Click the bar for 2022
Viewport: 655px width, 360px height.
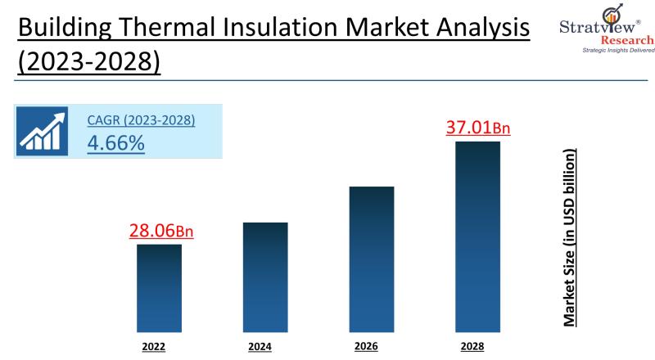click(x=159, y=288)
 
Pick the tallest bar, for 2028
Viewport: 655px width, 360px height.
click(x=477, y=236)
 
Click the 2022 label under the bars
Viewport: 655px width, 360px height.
click(x=153, y=347)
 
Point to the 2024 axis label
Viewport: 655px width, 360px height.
click(x=260, y=347)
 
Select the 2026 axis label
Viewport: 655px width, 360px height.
click(x=366, y=346)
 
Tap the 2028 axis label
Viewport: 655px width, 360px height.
click(x=472, y=346)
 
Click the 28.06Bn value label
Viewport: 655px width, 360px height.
click(x=161, y=231)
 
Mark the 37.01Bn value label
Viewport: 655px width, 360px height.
click(x=478, y=128)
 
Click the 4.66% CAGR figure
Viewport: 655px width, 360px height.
click(x=115, y=142)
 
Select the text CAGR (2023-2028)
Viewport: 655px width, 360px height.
click(x=141, y=121)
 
